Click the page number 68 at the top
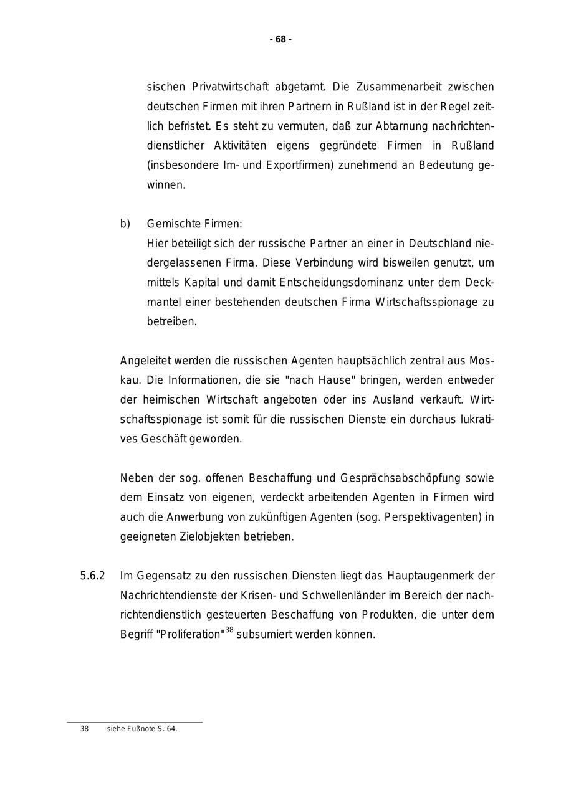point(280,39)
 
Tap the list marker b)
point(125,224)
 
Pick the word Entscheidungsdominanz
point(336,282)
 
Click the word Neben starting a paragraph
point(136,478)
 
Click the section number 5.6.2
point(92,576)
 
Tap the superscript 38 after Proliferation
point(229,630)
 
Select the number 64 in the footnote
point(171,729)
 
